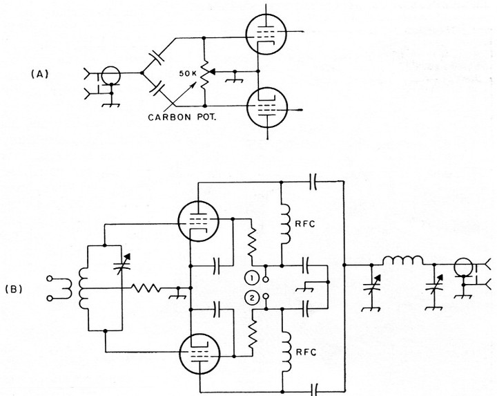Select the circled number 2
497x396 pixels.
(x=253, y=299)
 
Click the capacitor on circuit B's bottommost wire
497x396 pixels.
(x=314, y=388)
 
